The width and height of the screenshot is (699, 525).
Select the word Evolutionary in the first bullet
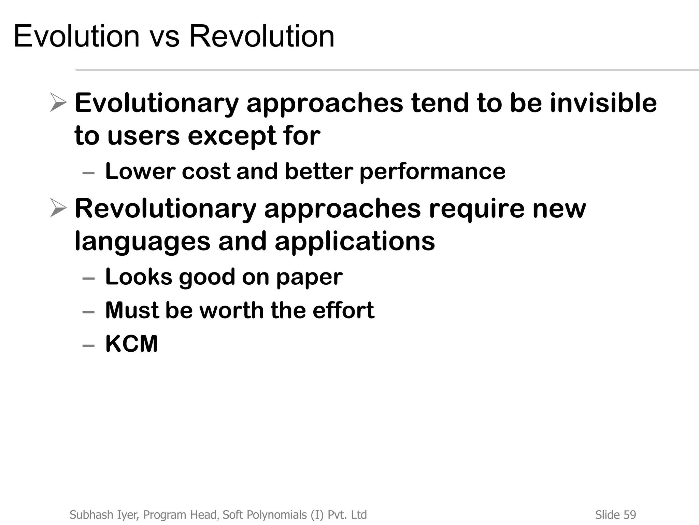[157, 103]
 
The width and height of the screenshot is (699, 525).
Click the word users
[143, 136]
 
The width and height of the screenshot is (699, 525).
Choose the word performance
[432, 172]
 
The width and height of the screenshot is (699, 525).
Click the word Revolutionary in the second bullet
[166, 208]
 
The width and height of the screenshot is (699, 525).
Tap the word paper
[309, 277]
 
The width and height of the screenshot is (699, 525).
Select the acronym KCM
[132, 344]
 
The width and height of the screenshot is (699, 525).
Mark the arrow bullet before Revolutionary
[58, 207]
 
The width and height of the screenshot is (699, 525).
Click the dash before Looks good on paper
[89, 278]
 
